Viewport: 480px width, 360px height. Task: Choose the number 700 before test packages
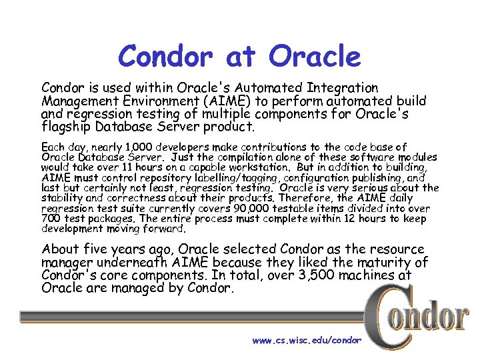[51, 219]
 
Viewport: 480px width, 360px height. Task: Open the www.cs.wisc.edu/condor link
[306, 340]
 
